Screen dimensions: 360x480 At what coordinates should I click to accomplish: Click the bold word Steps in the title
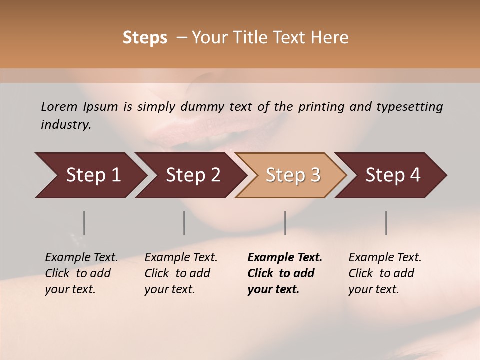click(145, 38)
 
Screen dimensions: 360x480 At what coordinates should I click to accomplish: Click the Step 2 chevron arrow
click(190, 175)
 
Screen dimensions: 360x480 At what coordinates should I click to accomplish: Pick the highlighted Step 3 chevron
click(290, 175)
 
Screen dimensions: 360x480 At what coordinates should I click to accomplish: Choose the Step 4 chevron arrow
click(390, 175)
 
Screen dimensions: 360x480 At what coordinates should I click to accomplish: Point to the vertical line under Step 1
click(84, 223)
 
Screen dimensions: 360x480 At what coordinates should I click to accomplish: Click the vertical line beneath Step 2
click(184, 223)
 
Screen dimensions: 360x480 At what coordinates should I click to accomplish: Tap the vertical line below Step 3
click(285, 223)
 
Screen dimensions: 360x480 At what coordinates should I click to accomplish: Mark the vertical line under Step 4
click(386, 223)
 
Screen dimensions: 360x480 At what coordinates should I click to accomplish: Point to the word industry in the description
click(66, 125)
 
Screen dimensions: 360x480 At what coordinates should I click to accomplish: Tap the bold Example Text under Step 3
click(285, 257)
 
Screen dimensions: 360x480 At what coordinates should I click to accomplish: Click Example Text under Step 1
click(81, 257)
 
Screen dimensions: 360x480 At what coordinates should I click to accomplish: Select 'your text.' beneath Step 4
click(374, 289)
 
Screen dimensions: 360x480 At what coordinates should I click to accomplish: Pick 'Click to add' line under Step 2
click(177, 273)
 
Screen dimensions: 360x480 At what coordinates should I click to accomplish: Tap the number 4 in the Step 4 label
click(415, 175)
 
